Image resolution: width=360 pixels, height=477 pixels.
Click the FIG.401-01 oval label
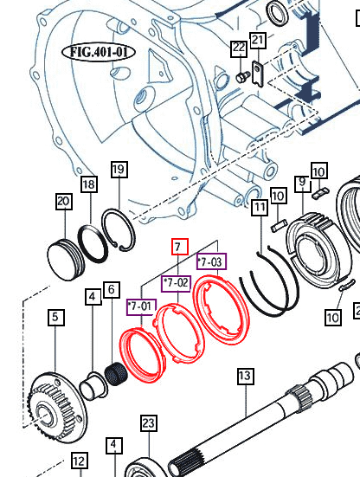(100, 52)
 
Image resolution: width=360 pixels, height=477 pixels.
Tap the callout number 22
(239, 50)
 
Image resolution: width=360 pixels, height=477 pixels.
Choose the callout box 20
(62, 201)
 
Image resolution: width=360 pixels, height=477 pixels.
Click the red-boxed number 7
(179, 247)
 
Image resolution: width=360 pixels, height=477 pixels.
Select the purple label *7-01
(140, 306)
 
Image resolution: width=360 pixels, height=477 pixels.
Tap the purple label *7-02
(177, 283)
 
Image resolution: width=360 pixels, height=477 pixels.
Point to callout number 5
(55, 318)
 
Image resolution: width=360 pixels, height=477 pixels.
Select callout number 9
(301, 183)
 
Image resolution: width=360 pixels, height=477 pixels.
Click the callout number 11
(259, 208)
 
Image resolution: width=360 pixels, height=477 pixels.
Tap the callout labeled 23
(149, 423)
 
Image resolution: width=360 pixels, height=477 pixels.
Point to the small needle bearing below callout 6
(115, 377)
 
